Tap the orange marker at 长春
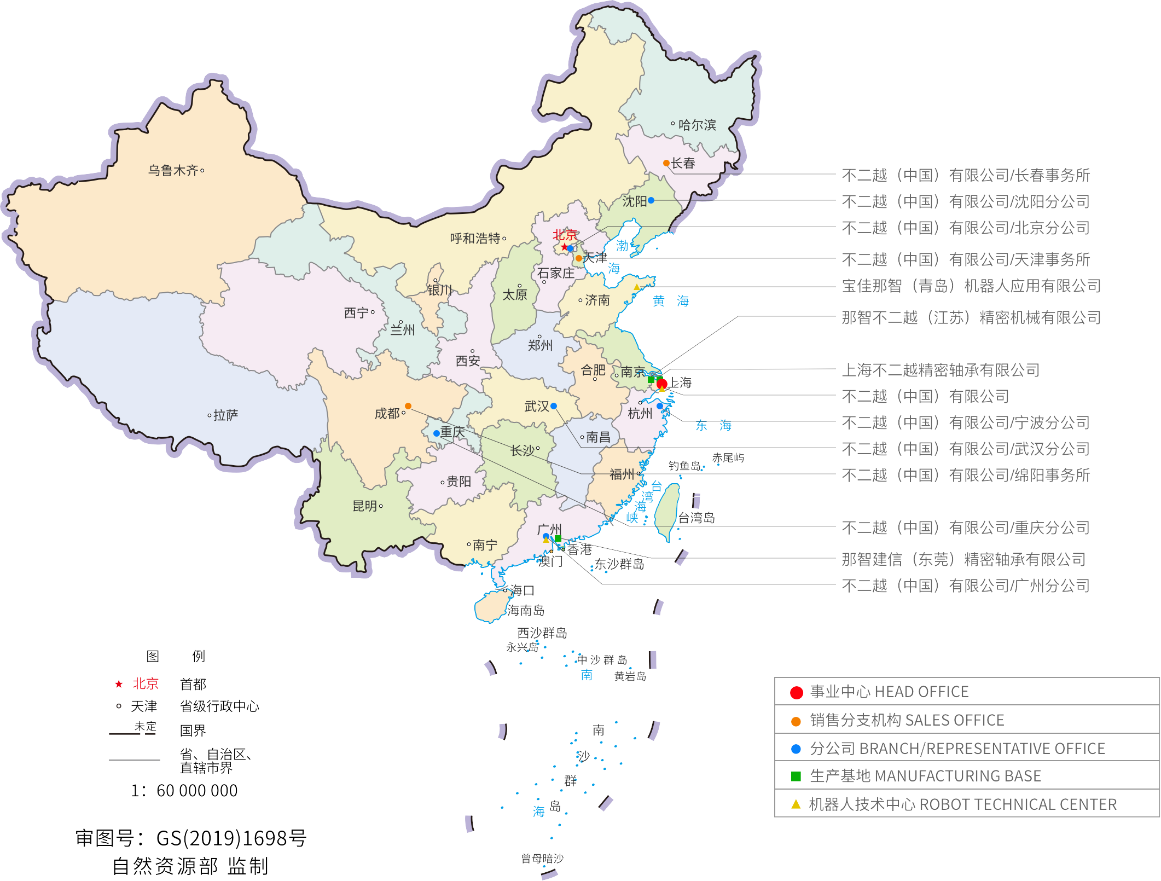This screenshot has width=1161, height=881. tap(666, 163)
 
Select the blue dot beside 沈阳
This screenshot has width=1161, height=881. tap(651, 200)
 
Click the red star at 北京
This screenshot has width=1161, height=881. tap(564, 247)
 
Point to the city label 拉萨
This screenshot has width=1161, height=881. tap(225, 415)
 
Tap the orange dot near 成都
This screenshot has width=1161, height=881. tap(408, 406)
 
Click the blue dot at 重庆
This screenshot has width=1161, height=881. tap(436, 433)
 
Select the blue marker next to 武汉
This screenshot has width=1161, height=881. tap(554, 406)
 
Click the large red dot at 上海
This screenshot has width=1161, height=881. tap(661, 383)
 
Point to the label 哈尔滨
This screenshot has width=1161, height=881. tap(696, 125)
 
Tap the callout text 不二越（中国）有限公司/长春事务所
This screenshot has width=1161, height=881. tap(966, 175)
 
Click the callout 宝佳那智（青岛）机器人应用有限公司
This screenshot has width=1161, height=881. tap(971, 286)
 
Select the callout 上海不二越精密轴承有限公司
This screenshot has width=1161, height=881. tap(941, 370)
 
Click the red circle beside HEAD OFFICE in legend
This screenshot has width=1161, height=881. tap(796, 693)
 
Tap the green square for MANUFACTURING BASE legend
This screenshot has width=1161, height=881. tap(796, 776)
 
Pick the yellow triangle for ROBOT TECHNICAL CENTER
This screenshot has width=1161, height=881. tap(796, 804)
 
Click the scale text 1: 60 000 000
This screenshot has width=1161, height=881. tap(184, 791)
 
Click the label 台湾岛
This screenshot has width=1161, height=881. tap(696, 518)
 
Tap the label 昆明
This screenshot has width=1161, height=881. tap(364, 506)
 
